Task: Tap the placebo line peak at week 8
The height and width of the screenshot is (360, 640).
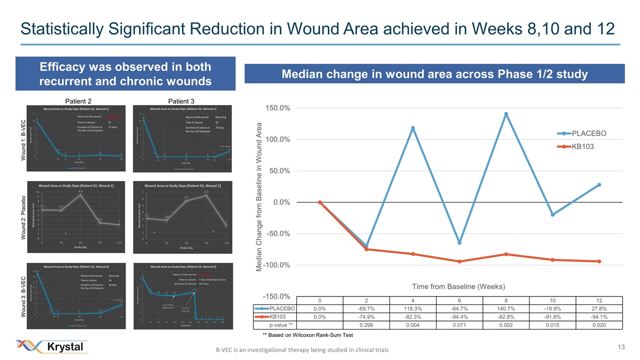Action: (506, 114)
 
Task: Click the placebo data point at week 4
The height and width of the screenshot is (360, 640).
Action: (412, 128)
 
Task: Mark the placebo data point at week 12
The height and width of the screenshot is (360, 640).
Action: (599, 184)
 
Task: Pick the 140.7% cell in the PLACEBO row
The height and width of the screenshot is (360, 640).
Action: (506, 308)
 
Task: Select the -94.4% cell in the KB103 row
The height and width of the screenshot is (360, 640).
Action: (459, 317)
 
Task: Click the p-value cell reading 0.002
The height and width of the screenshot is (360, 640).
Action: (506, 325)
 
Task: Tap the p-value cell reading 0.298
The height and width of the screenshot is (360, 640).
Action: (366, 325)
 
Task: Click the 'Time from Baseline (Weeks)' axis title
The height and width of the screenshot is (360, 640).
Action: (459, 286)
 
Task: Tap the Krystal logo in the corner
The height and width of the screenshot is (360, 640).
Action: (52, 346)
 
